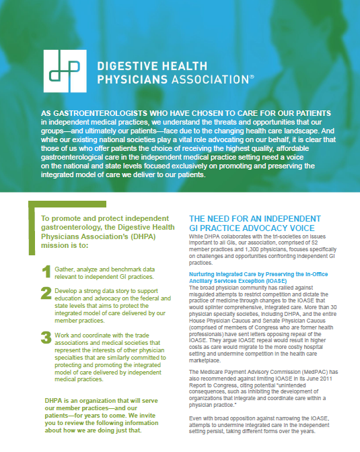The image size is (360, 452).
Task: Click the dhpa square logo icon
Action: (65, 72)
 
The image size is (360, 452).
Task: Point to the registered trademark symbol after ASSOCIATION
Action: (251, 76)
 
